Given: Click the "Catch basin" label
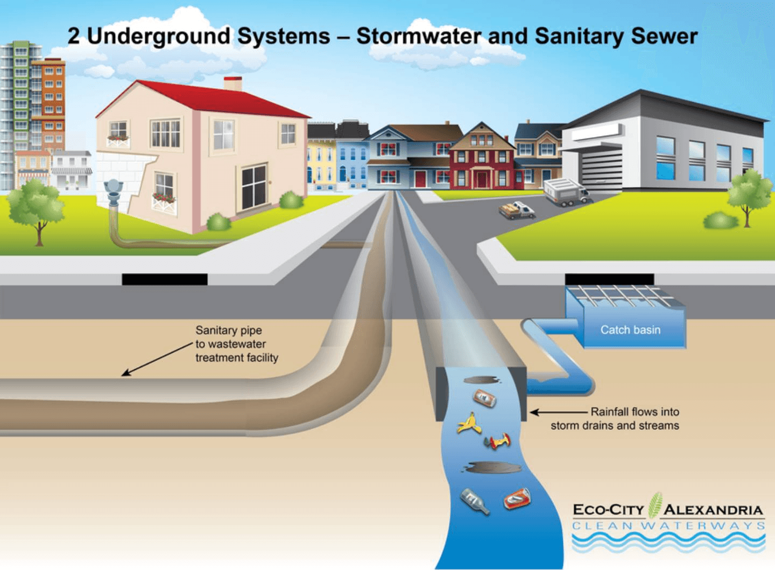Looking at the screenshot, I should coord(630,330).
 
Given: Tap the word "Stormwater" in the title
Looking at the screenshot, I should coord(418,36).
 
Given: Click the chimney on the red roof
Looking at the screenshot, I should coord(232,84).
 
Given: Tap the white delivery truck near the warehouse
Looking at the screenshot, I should coord(565,192).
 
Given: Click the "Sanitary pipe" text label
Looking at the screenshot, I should coord(229,330).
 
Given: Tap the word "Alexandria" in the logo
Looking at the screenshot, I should coord(713,510).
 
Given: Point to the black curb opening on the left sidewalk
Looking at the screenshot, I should coord(165,279).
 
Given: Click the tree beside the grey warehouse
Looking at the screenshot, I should coord(748,194).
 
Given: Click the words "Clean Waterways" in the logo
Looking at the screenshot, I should coord(668,525).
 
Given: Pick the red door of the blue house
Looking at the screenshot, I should coord(420,179).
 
